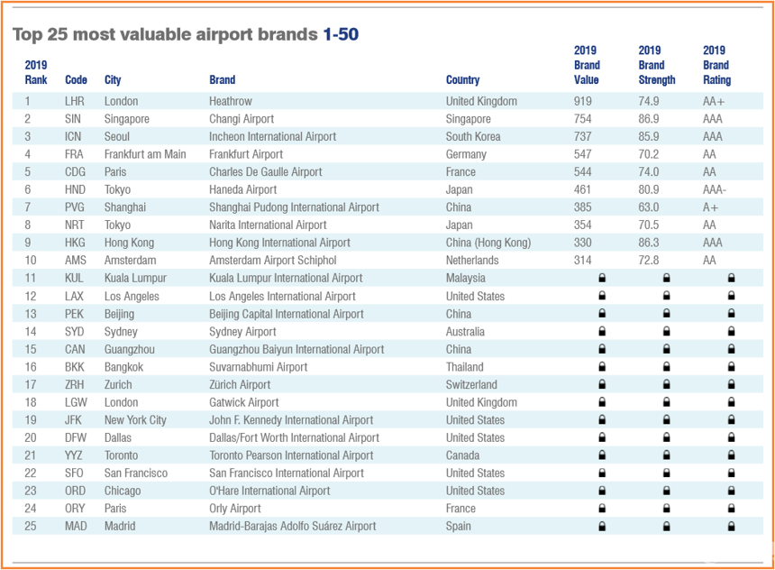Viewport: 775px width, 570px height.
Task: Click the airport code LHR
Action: [75, 101]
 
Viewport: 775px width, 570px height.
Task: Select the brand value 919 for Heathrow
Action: [583, 101]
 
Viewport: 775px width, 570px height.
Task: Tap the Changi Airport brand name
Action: [242, 119]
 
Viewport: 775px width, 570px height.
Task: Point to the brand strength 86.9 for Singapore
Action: [648, 119]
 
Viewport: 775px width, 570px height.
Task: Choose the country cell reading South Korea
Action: [473, 136]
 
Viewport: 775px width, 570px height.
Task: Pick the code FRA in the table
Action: [75, 154]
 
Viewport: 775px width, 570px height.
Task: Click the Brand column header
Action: [222, 79]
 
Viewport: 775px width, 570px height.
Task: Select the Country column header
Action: [462, 79]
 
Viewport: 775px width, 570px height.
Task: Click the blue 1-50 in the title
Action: [341, 34]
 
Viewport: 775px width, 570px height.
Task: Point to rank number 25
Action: [31, 526]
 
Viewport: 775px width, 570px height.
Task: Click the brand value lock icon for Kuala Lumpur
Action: [602, 279]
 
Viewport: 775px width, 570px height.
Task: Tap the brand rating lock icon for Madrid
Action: [731, 526]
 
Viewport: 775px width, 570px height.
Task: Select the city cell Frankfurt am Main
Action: [145, 154]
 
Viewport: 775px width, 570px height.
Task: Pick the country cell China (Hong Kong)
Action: [488, 243]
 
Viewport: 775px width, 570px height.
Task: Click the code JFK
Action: [75, 419]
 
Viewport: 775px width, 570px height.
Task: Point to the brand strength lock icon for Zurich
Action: [666, 384]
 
